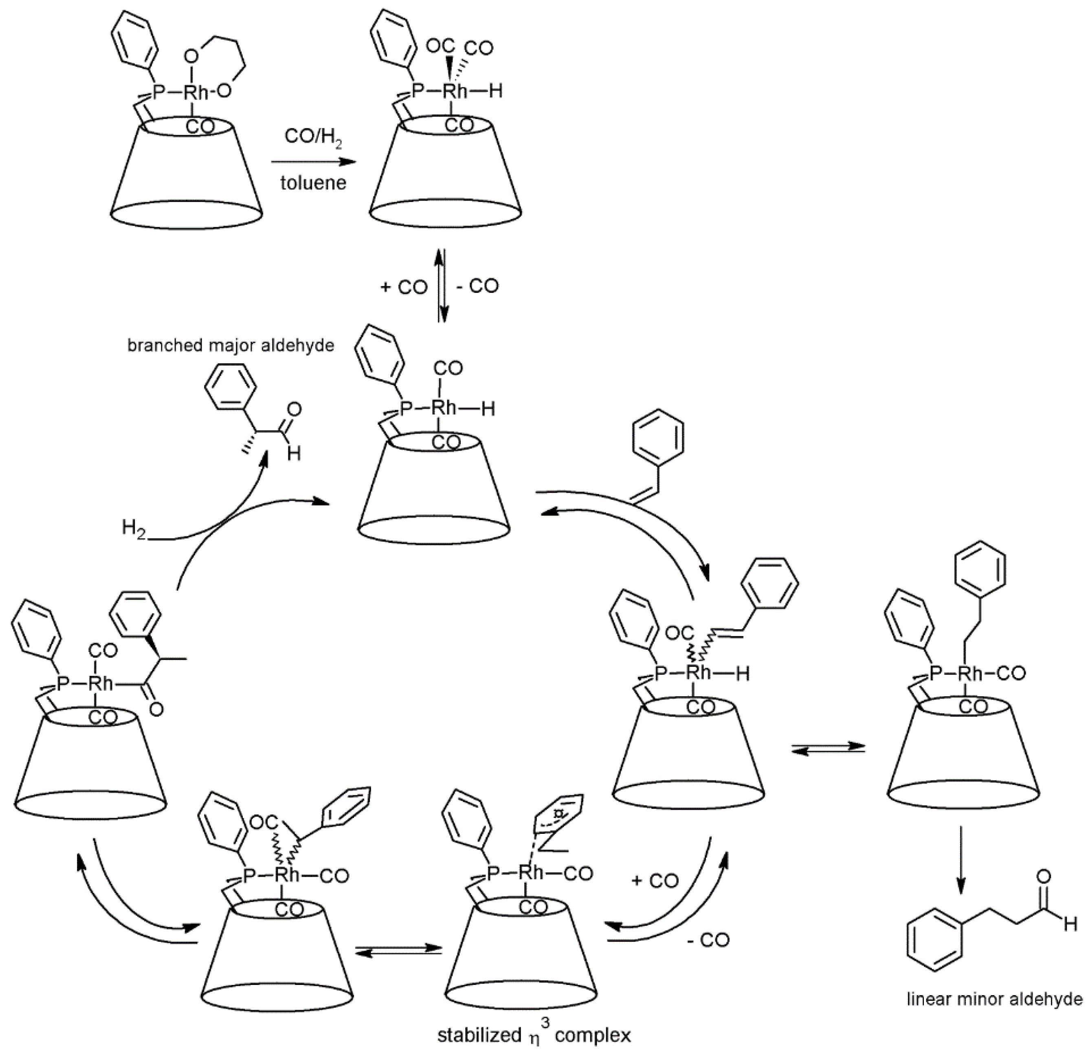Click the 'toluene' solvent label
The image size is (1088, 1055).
(313, 182)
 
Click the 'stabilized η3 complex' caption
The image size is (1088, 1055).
(534, 1035)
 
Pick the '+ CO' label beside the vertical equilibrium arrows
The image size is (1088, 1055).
(404, 287)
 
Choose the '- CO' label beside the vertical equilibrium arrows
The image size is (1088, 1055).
(477, 286)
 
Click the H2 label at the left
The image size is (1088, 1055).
(134, 527)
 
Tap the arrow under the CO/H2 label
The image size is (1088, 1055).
(313, 162)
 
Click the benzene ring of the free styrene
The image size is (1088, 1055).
(658, 438)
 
